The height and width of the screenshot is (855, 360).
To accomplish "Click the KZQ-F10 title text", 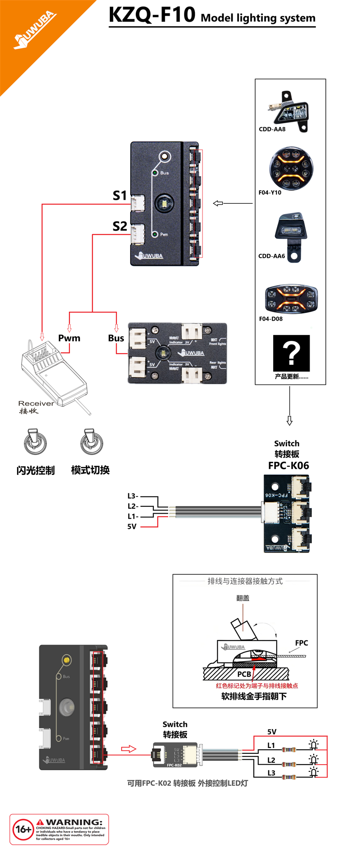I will pos(152,15).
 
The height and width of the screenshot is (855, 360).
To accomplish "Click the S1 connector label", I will pos(120,196).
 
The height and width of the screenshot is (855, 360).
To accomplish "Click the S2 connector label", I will pos(120,226).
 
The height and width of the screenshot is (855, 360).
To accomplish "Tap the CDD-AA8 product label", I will pos(272,129).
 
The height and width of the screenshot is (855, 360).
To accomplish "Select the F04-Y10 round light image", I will pos(291,169).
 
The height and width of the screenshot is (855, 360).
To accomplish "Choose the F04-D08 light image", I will pos(292,299).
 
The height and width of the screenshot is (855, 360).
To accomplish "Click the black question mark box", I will pos(292,354).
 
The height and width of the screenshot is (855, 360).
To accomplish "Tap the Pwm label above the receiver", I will pos(69,338).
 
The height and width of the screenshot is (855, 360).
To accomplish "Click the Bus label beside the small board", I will pos(116,338).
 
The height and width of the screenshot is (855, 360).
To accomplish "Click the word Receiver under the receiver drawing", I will pos(36,403).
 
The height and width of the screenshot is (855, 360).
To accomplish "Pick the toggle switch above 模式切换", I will pos(91,442).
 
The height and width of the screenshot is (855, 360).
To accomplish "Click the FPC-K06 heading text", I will pos(288,466).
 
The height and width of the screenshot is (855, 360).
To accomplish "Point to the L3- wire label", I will pos(133,496).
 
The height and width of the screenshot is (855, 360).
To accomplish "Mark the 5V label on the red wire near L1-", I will pos(132,527).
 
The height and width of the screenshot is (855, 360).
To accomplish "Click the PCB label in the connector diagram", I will pos(244,674).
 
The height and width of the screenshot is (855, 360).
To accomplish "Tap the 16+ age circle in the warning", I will pos(23,829).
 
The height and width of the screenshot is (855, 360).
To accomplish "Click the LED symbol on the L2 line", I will pos(314,760).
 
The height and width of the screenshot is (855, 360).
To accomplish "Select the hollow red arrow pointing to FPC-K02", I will pos(129,749).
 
